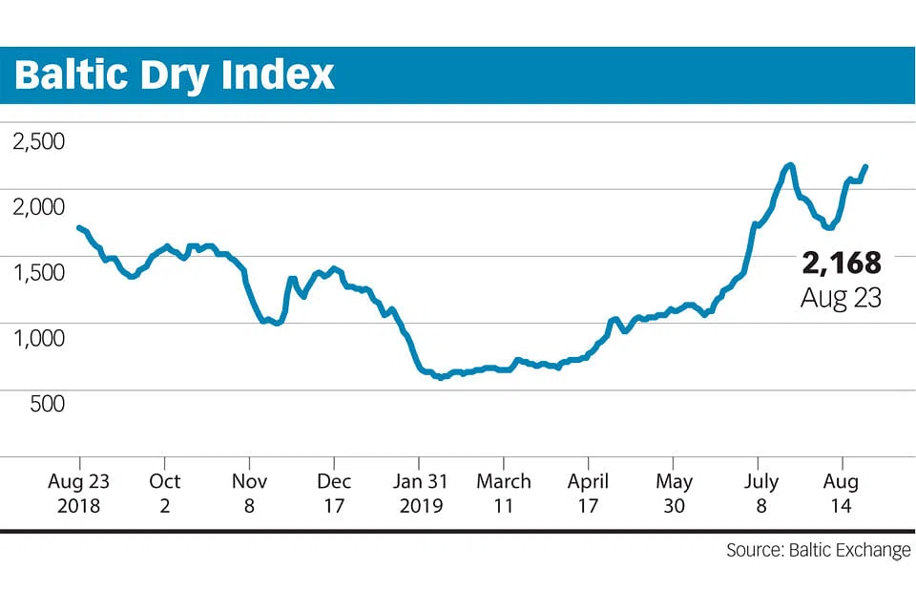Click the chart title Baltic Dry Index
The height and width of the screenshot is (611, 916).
tap(175, 74)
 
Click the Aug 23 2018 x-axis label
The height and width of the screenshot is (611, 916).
tap(78, 493)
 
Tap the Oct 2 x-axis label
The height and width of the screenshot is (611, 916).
tap(165, 493)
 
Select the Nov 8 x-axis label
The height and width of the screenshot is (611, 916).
tap(249, 493)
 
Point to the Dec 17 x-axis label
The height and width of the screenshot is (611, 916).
tap(333, 493)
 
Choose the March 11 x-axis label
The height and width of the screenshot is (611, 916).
tap(504, 493)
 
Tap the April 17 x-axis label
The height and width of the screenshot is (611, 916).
tap(588, 493)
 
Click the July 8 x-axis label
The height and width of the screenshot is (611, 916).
tap(760, 493)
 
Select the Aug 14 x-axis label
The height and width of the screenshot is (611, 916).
tap(842, 493)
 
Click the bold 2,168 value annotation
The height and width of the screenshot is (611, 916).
tap(840, 263)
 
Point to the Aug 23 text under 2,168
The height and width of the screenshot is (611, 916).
tap(840, 297)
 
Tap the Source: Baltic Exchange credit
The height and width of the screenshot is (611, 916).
tap(818, 551)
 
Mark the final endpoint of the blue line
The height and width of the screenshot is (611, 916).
tap(865, 167)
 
